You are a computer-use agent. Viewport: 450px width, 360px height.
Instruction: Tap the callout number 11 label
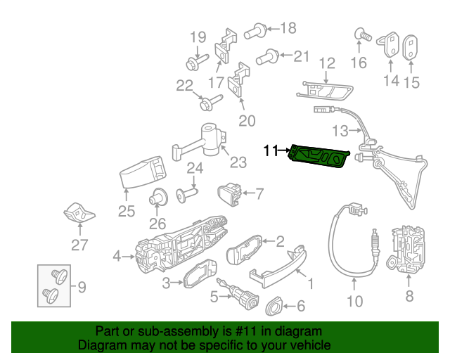pos(271,150)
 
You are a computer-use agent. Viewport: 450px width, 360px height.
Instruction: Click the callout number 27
pos(79,245)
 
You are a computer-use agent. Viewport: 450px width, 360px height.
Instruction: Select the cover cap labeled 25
pos(143,172)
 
